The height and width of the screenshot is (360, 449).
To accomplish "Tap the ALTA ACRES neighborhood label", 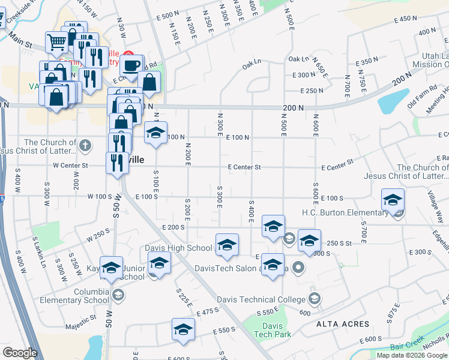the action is [x=343, y=324].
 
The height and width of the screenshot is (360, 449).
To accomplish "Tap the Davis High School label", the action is [x=178, y=248].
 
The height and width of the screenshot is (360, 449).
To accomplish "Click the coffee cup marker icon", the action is [x=131, y=64].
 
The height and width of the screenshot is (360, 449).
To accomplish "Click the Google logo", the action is [x=20, y=353].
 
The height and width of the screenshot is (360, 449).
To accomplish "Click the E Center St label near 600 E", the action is [x=337, y=166].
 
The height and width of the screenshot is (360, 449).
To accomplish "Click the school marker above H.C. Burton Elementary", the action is [x=393, y=200].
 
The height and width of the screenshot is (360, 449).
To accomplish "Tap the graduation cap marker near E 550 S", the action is [x=183, y=329].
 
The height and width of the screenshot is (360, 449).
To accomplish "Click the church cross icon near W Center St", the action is [x=85, y=145].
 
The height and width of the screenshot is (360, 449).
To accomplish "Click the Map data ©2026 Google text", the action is [x=411, y=355].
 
